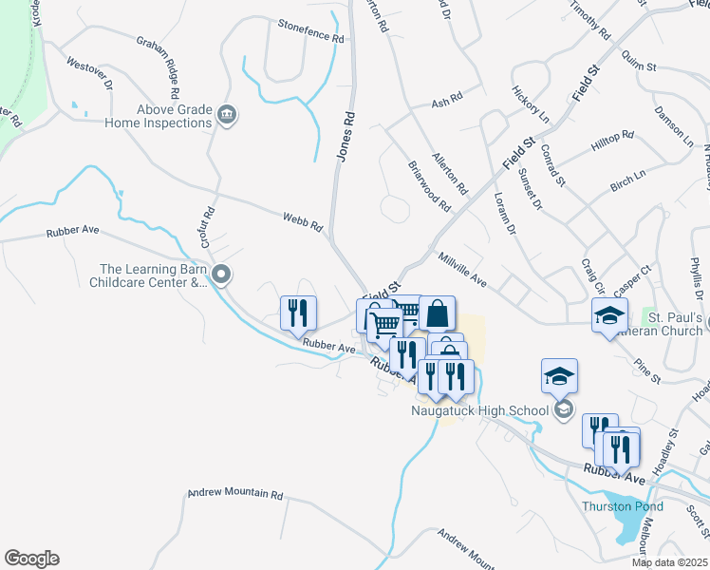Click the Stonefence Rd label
click(x=310, y=31)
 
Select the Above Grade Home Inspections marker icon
click(x=227, y=115)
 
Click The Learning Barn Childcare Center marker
click(x=222, y=275)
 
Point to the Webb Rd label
click(x=303, y=222)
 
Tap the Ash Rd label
click(x=446, y=101)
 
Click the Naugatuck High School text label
click(x=479, y=411)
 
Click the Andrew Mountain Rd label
click(x=234, y=494)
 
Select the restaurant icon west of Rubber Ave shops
click(x=297, y=312)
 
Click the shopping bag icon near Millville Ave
click(x=437, y=312)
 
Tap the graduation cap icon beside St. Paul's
click(x=609, y=315)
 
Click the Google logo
click(x=31, y=558)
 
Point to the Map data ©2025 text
click(x=669, y=562)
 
